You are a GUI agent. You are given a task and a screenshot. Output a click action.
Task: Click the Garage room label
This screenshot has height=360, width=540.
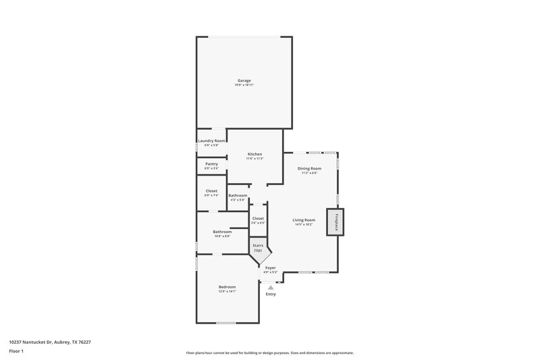click(244, 80)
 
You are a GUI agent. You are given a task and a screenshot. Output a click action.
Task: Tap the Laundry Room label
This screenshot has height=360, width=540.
click(211, 140)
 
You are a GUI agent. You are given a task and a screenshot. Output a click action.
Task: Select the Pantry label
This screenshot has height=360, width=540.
click(211, 163)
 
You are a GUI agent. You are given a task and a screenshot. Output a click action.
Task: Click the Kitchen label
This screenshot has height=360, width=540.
click(254, 154)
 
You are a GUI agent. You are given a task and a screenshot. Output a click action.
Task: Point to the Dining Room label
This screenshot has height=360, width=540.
click(309, 168)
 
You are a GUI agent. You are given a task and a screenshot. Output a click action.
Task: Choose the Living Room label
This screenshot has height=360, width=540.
click(304, 220)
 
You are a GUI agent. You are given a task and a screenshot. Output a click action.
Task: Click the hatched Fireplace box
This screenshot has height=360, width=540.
click(335, 222)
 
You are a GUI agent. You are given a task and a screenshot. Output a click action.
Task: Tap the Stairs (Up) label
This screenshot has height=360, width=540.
click(258, 248)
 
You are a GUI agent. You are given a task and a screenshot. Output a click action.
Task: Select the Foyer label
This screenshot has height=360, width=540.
click(270, 268)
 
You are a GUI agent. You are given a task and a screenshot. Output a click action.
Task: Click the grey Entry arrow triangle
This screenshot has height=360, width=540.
click(271, 287)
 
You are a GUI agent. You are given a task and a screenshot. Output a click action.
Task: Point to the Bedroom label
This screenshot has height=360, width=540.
click(227, 287)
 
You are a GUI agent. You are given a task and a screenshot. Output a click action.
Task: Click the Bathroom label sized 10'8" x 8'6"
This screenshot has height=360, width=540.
click(222, 232)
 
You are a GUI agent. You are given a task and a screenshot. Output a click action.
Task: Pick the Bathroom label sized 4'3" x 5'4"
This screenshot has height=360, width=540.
click(238, 196)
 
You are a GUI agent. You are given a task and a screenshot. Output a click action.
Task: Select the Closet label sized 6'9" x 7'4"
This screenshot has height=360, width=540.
click(211, 190)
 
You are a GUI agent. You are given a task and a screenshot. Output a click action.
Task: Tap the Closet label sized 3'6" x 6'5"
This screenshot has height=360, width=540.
click(258, 218)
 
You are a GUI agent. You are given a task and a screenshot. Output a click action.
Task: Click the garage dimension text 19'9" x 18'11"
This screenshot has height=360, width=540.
click(244, 85)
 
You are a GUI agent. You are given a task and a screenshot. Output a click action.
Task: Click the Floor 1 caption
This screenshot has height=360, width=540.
click(16, 352)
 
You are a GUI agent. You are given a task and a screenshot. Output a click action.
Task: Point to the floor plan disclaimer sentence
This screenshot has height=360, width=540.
click(270, 353)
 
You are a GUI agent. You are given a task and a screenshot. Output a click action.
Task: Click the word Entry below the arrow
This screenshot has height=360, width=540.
click(271, 294)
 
